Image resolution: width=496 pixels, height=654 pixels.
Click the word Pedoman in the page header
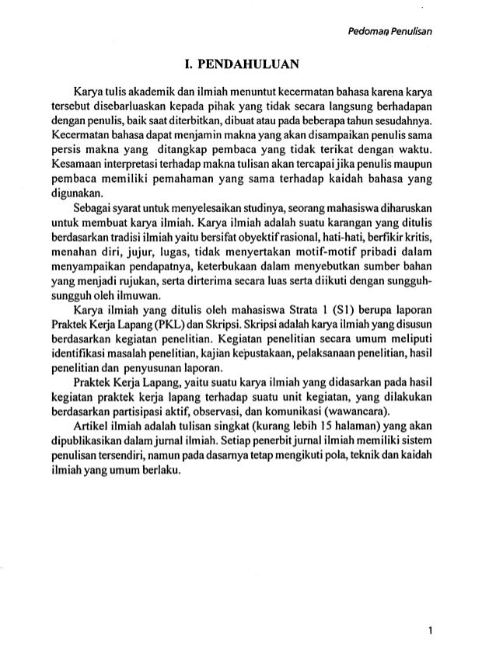click(355, 31)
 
